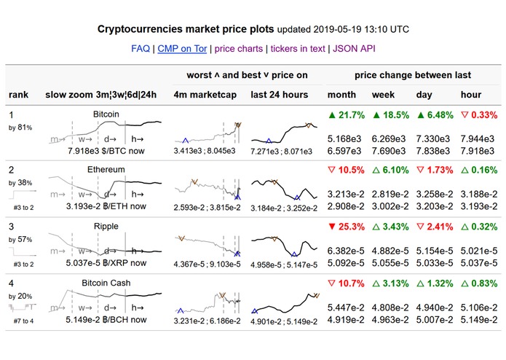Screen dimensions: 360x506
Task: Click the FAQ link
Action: tap(141, 49)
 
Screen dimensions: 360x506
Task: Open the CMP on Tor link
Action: tap(181, 49)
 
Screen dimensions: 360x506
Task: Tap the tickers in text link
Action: tap(299, 49)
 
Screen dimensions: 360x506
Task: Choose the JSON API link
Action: tap(355, 49)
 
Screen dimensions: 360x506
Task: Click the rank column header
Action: tap(19, 95)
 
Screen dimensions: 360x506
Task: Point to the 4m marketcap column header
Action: tap(205, 95)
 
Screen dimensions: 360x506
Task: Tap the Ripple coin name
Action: tap(106, 226)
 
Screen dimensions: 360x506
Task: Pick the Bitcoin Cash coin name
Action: tap(106, 283)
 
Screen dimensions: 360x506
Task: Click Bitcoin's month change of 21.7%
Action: tap(346, 116)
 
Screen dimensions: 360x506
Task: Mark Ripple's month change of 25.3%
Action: tap(346, 227)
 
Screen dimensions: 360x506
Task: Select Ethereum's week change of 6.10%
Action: tap(390, 171)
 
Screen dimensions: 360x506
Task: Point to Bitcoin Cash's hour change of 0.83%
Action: tap(477, 283)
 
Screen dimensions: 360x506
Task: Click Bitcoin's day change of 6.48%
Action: tap(434, 116)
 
